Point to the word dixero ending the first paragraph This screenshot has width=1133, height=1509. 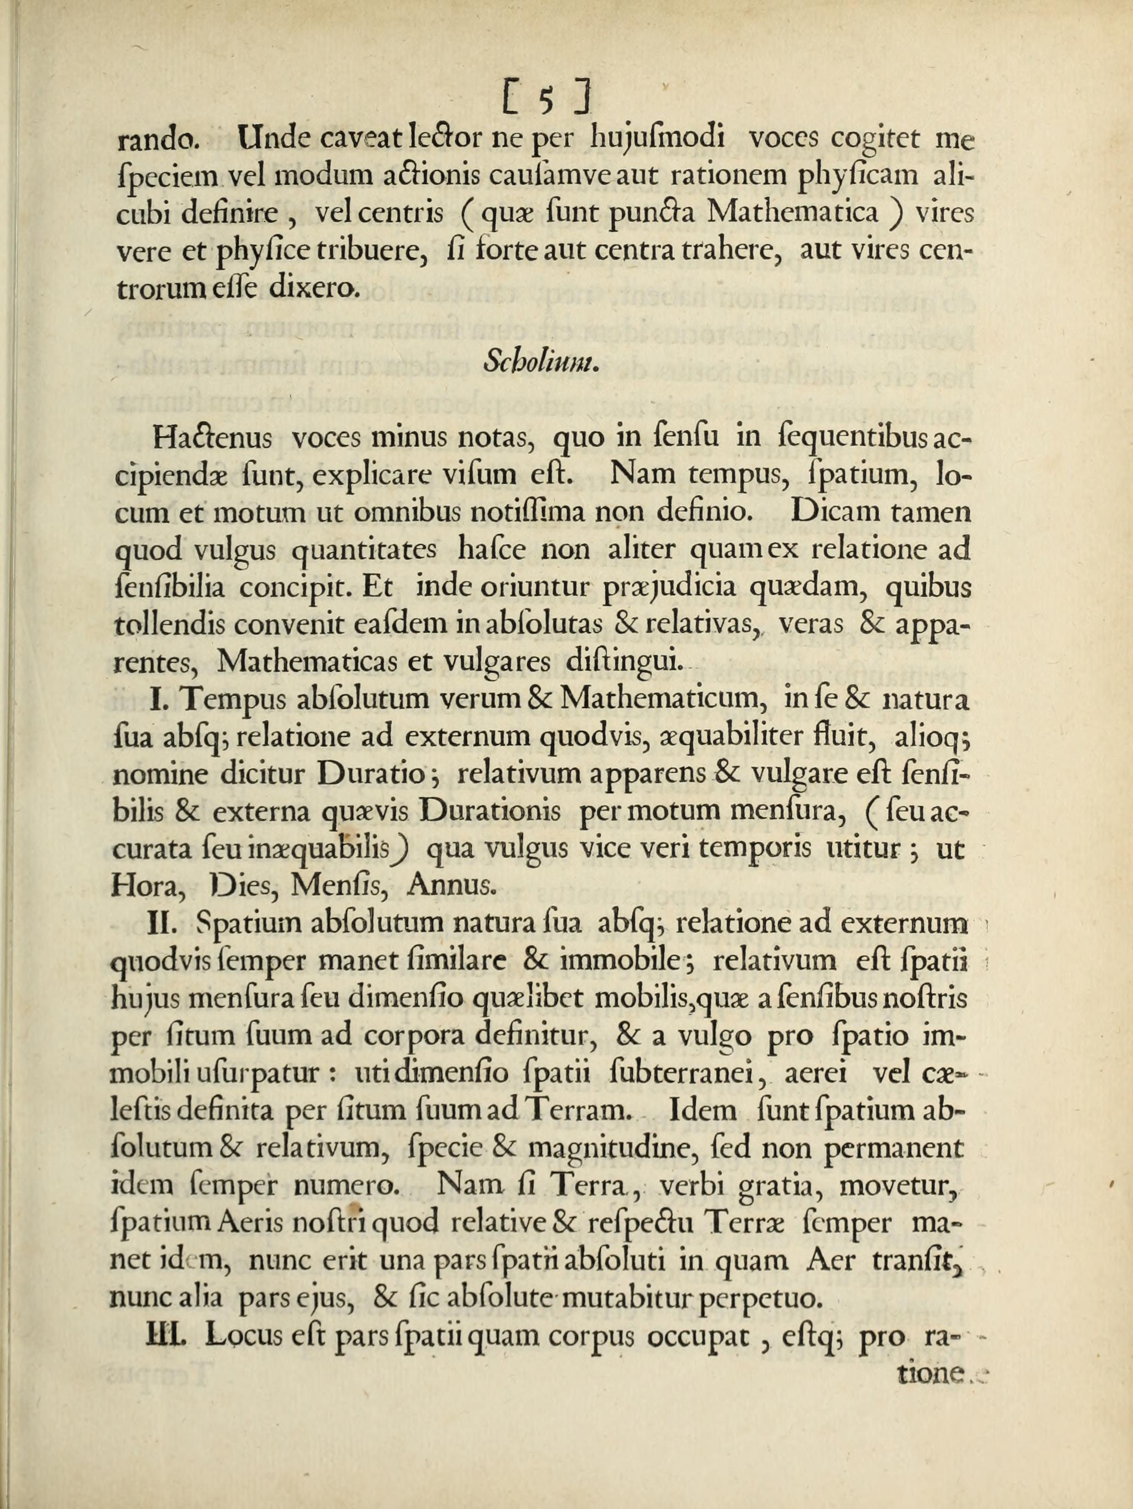pyautogui.click(x=312, y=289)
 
